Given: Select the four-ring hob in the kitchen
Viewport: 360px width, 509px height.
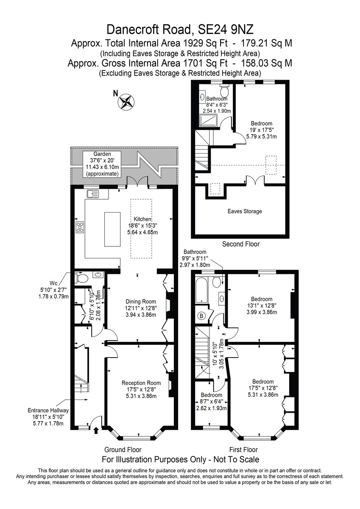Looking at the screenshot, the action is pyautogui.click(x=80, y=227).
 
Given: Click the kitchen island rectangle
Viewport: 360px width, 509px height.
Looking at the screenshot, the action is pyautogui.click(x=112, y=229).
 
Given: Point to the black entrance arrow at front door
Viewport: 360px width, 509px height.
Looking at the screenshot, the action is pyautogui.click(x=96, y=430).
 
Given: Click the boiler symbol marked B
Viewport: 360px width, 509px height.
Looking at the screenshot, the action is pyautogui.click(x=201, y=316).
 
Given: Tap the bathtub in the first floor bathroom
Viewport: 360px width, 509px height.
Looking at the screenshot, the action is pyautogui.click(x=202, y=290).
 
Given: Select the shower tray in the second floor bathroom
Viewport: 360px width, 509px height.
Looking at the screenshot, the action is pyautogui.click(x=208, y=120).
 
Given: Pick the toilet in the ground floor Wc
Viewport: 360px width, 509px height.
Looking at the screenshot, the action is pyautogui.click(x=81, y=278).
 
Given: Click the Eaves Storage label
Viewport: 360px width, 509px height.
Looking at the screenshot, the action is pyautogui.click(x=245, y=211).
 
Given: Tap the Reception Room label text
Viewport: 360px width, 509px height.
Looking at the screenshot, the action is pyautogui.click(x=141, y=383).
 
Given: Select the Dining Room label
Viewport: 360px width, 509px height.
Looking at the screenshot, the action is pyautogui.click(x=141, y=302).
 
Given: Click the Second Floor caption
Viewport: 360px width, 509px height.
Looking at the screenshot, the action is pyautogui.click(x=241, y=244).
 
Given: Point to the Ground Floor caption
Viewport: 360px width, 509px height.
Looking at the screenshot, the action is pyautogui.click(x=123, y=450).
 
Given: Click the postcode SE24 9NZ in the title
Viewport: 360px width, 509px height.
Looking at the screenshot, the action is pyautogui.click(x=226, y=30).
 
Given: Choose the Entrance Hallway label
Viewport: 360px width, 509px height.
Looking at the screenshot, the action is pyautogui.click(x=48, y=411).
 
